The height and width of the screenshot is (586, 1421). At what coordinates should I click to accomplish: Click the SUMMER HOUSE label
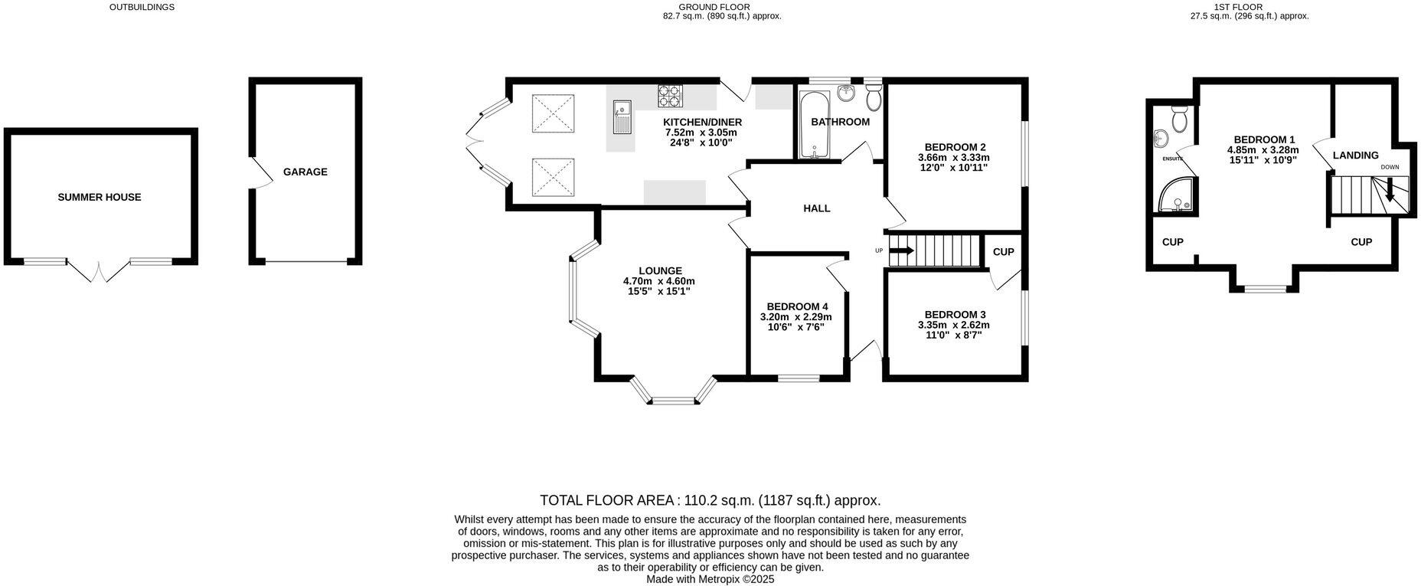coord(100,197)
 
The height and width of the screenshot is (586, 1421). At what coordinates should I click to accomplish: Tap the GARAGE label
coord(305,172)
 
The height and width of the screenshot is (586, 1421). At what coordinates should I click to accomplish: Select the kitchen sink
coord(622,119)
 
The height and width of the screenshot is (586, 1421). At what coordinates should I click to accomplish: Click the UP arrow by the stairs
coord(901,250)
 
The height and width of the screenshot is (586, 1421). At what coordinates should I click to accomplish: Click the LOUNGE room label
coord(660,270)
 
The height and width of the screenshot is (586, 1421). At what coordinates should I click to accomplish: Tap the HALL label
coord(816,208)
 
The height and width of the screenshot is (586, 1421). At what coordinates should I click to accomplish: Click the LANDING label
coord(1355,156)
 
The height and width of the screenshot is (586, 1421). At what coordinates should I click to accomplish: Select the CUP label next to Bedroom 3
coord(1003,252)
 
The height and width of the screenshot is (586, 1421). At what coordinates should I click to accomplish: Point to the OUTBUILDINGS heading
coord(142,7)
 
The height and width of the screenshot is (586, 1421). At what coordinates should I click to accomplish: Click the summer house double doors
coord(99,271)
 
